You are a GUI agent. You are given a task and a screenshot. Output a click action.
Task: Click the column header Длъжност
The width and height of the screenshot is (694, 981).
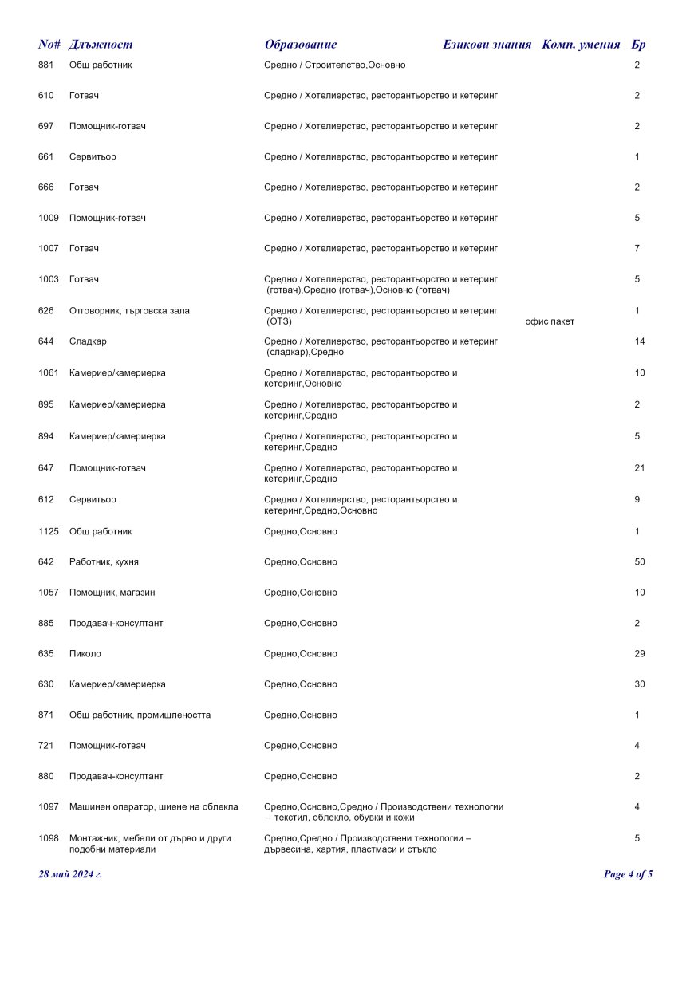coord(101,45)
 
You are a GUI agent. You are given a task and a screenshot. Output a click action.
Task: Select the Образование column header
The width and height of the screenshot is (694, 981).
coord(301,45)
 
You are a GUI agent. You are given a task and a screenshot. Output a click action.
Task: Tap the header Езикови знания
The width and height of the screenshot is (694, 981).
coord(487,45)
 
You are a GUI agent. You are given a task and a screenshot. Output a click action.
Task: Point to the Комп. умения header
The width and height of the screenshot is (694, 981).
coord(581,45)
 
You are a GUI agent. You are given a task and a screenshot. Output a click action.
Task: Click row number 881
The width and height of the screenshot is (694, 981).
coord(46,65)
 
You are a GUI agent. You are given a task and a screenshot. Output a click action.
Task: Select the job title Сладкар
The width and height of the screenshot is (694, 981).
coord(88,341)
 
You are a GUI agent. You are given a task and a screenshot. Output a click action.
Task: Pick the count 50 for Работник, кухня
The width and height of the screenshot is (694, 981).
coord(640,562)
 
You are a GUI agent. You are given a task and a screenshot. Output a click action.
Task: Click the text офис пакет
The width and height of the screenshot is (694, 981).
coord(550,321)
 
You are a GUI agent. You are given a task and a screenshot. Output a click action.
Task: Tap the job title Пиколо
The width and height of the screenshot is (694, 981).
coord(85,654)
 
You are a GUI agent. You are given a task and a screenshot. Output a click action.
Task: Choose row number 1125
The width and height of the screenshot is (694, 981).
coord(49,531)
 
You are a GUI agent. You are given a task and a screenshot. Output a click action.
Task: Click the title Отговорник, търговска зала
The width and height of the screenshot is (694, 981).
coord(129,310)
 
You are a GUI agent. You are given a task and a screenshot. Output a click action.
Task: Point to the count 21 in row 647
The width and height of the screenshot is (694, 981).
coord(640,468)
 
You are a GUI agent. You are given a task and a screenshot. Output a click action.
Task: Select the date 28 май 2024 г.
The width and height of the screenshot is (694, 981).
coord(70,874)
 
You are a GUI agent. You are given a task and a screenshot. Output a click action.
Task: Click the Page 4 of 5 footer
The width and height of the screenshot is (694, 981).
coord(629,874)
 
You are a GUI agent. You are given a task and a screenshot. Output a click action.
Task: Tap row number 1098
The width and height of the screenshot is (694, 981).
coord(49,838)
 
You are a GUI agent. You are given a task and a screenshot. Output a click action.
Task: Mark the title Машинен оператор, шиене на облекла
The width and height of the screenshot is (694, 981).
coord(154,807)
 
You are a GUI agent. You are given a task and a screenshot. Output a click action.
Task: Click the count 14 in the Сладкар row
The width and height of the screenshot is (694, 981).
coord(640,341)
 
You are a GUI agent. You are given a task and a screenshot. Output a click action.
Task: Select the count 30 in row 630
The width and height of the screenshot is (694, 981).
coord(640,684)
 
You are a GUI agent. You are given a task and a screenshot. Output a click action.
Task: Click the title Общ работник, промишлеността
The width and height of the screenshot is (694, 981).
coord(140,715)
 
